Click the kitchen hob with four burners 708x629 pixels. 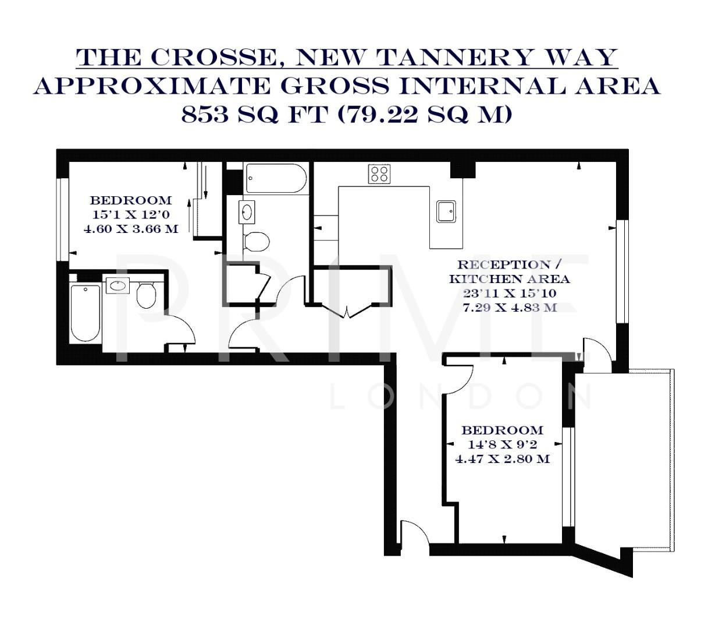click(379, 174)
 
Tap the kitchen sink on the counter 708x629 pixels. click(447, 211)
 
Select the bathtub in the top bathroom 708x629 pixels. click(276, 178)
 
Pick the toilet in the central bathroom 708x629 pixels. click(255, 241)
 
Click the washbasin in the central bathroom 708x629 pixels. click(247, 211)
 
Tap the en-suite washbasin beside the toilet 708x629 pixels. click(118, 285)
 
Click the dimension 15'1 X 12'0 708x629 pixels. click(131, 214)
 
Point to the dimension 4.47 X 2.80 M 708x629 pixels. click(502, 459)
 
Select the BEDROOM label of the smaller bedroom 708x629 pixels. click(502, 430)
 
